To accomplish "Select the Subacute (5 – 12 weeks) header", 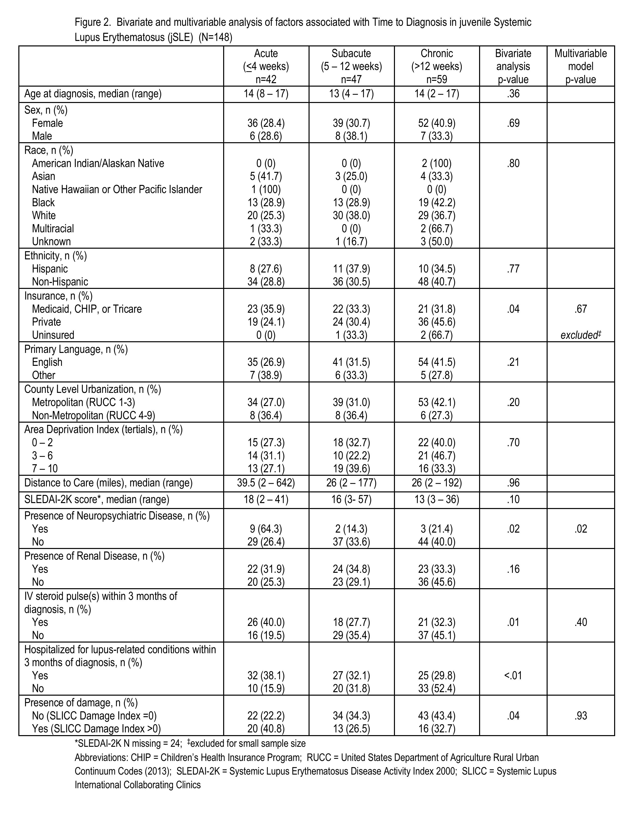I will (351, 66).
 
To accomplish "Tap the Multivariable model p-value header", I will (581, 66).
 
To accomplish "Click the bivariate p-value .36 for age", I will (513, 93).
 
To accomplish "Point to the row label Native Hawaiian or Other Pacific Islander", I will (117, 189).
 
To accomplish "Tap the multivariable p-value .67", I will (581, 309).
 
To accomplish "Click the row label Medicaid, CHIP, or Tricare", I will (87, 309).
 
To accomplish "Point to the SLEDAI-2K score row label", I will (97, 500).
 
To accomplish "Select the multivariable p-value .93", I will (581, 716).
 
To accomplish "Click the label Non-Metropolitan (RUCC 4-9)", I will (93, 415).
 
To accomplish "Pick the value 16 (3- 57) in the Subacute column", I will (351, 500).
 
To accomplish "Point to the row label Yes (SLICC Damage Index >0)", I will (96, 729).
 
